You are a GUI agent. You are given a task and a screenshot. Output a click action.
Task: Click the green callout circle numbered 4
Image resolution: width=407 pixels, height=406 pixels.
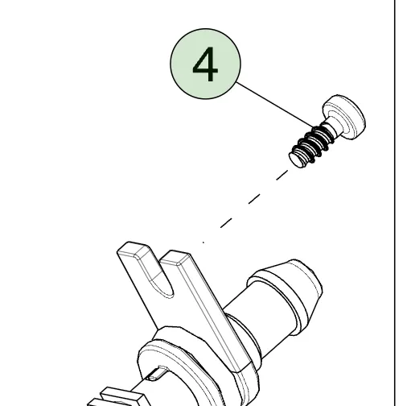pyautogui.click(x=205, y=64)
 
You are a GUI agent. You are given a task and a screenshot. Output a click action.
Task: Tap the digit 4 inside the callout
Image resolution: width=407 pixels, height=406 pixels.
pyautogui.click(x=205, y=64)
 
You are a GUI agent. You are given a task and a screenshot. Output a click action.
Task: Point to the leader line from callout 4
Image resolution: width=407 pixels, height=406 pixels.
pyautogui.click(x=275, y=106)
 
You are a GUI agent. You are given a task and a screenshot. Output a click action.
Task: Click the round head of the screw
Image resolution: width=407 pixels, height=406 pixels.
pyautogui.click(x=345, y=116)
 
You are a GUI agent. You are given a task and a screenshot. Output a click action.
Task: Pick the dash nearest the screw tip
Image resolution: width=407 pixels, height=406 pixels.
pyautogui.click(x=282, y=175)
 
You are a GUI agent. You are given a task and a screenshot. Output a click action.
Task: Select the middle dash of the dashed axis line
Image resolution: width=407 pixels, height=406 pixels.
pyautogui.click(x=254, y=199)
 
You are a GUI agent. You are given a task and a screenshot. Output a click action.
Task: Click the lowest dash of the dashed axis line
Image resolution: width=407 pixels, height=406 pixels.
pyautogui.click(x=226, y=223)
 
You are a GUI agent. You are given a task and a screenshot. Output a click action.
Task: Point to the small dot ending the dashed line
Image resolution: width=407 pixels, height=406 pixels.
pyautogui.click(x=203, y=242)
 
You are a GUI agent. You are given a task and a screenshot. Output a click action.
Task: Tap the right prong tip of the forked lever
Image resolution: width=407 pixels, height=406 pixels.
pyautogui.click(x=175, y=257)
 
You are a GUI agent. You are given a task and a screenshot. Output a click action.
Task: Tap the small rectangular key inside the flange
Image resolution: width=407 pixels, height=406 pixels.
pyautogui.click(x=155, y=374)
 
